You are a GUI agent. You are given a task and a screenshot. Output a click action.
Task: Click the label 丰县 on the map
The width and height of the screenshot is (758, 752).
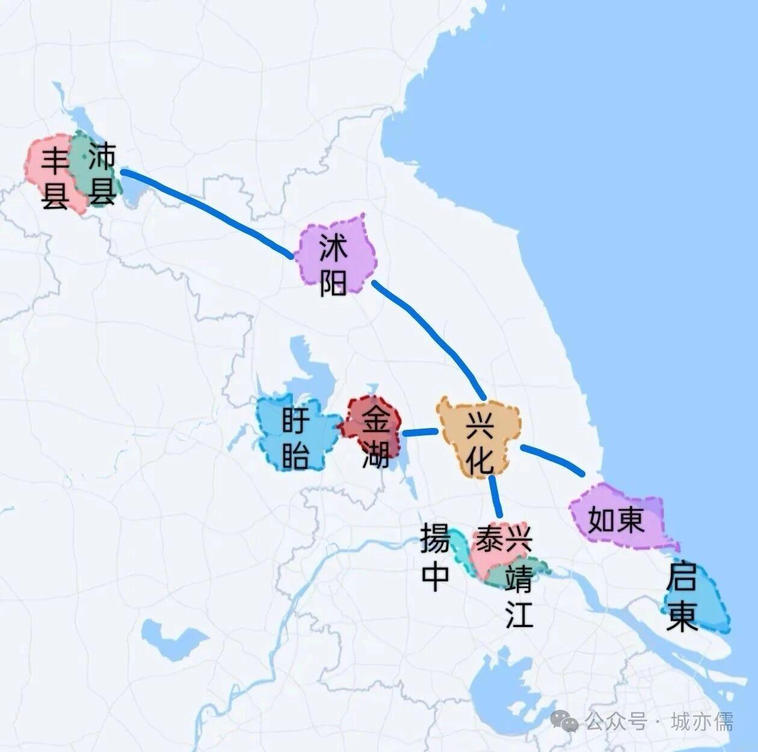[55, 179]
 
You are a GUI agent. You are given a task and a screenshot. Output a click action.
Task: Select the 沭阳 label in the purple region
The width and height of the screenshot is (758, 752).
[333, 265]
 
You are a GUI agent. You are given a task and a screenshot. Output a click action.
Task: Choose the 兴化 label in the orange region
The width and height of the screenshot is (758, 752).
[480, 444]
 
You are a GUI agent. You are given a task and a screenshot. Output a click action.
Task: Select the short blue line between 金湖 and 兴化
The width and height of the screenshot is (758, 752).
[419, 432]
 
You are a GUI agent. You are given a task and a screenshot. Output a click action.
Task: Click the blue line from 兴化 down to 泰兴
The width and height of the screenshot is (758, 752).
[495, 496]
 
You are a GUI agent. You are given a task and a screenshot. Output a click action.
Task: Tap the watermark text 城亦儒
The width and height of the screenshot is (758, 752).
[701, 721]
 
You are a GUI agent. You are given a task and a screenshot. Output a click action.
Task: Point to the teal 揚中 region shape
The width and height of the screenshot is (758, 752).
[460, 550]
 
